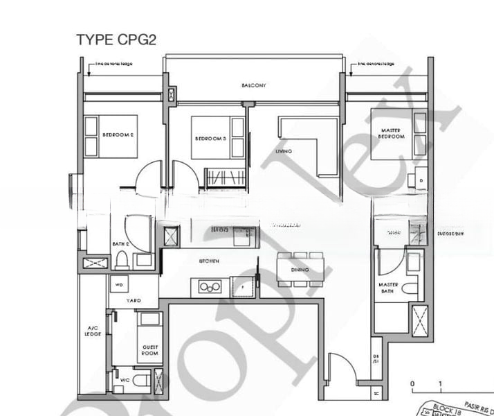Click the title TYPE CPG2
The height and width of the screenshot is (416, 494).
coord(116,39)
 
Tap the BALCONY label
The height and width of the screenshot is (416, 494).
coord(254,85)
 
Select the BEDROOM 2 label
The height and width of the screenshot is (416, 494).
coord(118,134)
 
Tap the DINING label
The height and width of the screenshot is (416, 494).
coord(300,269)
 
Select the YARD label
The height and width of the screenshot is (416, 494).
coord(133,301)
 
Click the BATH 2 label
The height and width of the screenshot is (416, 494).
coord(120,244)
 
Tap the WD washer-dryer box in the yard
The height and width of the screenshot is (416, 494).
coord(118,284)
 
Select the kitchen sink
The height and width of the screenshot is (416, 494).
coord(207,286)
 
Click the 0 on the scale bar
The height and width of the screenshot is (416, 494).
coord(412,383)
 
